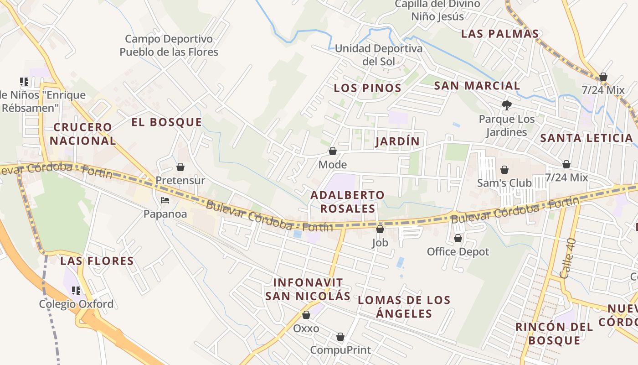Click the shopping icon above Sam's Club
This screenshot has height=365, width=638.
[x=504, y=170]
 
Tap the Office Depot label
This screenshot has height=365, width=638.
[x=458, y=251]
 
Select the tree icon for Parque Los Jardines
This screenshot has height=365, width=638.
[x=506, y=106]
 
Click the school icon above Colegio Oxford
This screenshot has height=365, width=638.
[x=76, y=291]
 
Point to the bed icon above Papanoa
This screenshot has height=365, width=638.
[x=165, y=200]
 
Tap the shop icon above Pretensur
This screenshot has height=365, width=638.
[x=180, y=167]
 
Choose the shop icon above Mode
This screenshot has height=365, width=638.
[x=333, y=151]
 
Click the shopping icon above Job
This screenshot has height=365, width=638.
[x=380, y=229]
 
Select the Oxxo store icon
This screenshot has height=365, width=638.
[x=306, y=315]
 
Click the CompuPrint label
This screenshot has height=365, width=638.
[x=340, y=350]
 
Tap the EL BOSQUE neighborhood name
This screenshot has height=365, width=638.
[x=166, y=122]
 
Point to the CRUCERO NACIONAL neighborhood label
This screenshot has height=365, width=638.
[x=82, y=134]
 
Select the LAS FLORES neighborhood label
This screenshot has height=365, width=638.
[x=97, y=261]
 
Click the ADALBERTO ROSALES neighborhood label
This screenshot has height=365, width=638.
[x=348, y=202]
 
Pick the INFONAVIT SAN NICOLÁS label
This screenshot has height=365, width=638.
[x=308, y=289]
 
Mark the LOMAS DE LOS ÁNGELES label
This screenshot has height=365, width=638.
[x=404, y=307]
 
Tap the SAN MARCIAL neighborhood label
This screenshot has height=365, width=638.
[x=477, y=86]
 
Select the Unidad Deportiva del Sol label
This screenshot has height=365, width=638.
[x=378, y=54]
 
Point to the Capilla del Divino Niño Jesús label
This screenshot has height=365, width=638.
[x=437, y=10]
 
